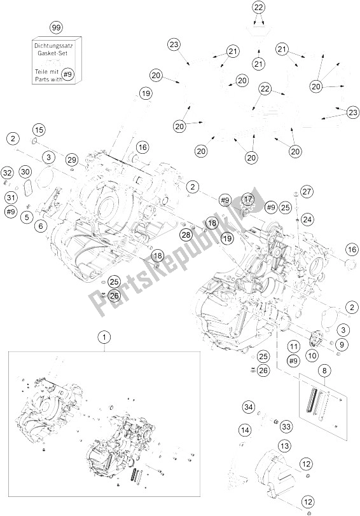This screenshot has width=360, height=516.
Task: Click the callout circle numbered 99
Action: coord(57,28)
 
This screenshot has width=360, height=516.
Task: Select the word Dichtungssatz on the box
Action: coord(56,46)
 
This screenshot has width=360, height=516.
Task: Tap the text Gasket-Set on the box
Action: coord(57,53)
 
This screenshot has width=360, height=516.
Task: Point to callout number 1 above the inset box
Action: coord(105,337)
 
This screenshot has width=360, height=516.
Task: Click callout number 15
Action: coord(39,130)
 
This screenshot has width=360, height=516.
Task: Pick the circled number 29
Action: coord(71,160)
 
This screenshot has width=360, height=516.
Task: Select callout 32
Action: coord(7,172)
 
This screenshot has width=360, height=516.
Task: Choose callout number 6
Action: coord(41,226)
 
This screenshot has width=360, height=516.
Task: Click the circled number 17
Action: coord(248,199)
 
